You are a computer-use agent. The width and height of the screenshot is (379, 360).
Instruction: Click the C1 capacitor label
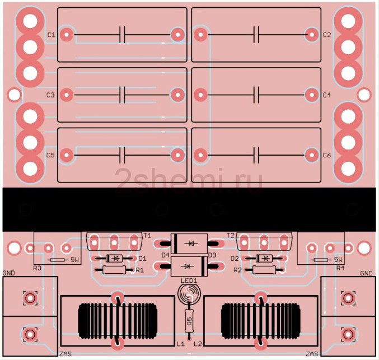pyautogui.click(x=52, y=35)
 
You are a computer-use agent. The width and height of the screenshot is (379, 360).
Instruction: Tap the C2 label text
pyautogui.click(x=326, y=35)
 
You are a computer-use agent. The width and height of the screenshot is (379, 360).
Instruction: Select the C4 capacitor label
pyautogui.click(x=326, y=95)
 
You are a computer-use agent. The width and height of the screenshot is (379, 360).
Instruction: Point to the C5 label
pyautogui.click(x=50, y=155)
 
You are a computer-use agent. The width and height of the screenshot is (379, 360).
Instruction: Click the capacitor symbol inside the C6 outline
pyautogui.click(x=256, y=155)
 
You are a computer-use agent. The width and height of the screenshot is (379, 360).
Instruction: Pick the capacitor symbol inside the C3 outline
pyautogui.click(x=122, y=95)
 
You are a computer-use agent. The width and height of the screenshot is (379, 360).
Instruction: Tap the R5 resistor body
pyautogui.click(x=189, y=321)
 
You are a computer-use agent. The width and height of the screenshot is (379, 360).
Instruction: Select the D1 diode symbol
pyautogui.click(x=114, y=259)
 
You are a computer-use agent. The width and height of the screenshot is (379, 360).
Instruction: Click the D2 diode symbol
pyautogui.click(x=264, y=259)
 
